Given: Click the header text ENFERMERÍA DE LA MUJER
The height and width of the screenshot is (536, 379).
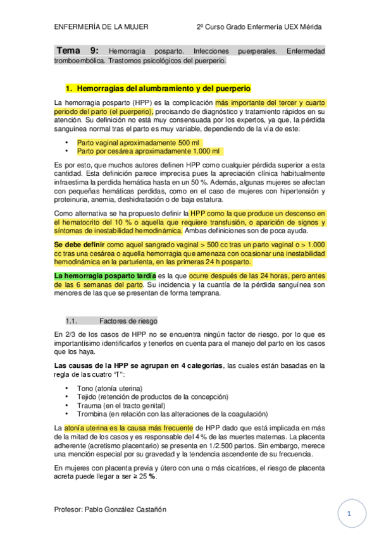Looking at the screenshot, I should (101, 27).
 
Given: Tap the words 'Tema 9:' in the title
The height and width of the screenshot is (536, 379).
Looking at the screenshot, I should (77, 50).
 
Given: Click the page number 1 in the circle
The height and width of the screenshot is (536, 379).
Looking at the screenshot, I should (348, 513).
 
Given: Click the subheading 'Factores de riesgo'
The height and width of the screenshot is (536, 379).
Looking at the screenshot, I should (129, 320).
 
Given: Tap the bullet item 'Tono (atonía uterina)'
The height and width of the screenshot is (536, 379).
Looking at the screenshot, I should (110, 388).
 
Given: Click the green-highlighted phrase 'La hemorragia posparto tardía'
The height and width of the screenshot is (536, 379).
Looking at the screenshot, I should (104, 276).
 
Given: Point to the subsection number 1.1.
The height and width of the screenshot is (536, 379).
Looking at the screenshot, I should (71, 320).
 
